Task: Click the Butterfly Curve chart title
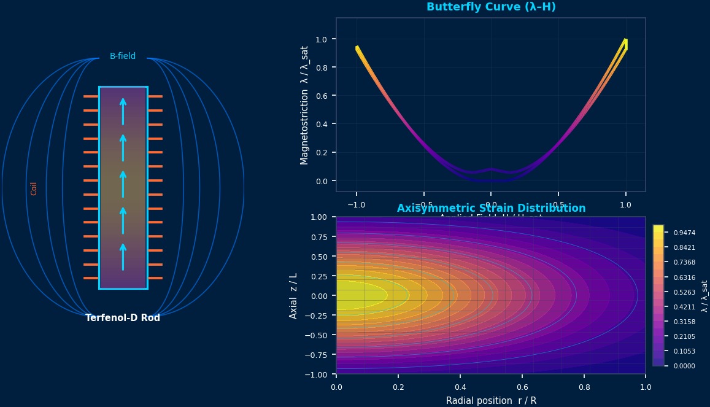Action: pyautogui.click(x=491, y=7)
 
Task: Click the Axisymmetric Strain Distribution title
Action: pyautogui.click(x=491, y=209)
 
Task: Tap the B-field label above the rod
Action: pyautogui.click(x=123, y=56)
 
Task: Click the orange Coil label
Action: pyautogui.click(x=34, y=188)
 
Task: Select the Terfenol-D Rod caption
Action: pyautogui.click(x=123, y=318)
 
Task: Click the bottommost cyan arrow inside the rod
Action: pyautogui.click(x=123, y=256)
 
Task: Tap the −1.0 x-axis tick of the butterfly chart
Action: pyautogui.click(x=356, y=204)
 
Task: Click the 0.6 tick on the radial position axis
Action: pyautogui.click(x=522, y=387)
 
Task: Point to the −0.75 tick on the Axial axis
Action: pyautogui.click(x=318, y=355)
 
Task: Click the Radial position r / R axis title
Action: pyautogui.click(x=491, y=401)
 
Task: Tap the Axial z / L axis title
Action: pyautogui.click(x=293, y=295)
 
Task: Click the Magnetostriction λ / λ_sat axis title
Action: pyautogui.click(x=304, y=105)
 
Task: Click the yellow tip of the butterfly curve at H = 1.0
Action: pyautogui.click(x=625, y=43)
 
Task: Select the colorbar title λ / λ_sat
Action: pyautogui.click(x=704, y=296)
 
